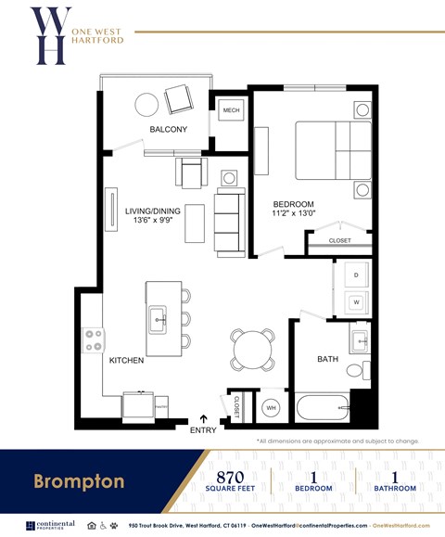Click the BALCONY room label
[169, 129]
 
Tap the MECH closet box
[231, 111]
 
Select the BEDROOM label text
[293, 204]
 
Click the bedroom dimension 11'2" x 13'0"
[293, 214]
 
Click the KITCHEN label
[126, 360]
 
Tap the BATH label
[328, 359]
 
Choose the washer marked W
[354, 301]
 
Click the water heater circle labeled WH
[272, 406]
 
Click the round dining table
[252, 349]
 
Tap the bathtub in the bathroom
[323, 407]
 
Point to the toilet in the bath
[355, 369]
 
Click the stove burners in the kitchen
[94, 340]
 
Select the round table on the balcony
[147, 104]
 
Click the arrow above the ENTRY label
[204, 418]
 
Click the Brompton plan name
[79, 481]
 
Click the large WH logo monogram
[48, 35]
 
